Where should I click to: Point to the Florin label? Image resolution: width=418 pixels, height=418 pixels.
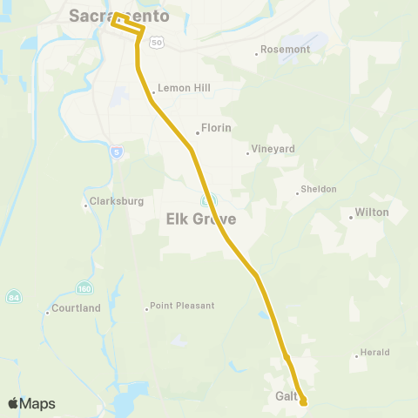(215, 127)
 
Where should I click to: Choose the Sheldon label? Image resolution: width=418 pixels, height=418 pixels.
(318, 189)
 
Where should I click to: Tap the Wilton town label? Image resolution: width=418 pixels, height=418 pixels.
(371, 212)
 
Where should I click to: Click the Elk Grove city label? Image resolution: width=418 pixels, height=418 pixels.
(201, 219)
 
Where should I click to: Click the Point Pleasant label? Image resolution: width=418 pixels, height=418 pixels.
(182, 307)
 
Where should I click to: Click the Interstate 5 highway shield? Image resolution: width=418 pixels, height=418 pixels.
(117, 152)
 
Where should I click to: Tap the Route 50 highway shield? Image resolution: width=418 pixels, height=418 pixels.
(156, 42)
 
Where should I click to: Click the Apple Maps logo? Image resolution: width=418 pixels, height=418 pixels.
(31, 403)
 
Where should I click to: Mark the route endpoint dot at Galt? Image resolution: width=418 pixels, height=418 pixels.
(304, 401)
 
